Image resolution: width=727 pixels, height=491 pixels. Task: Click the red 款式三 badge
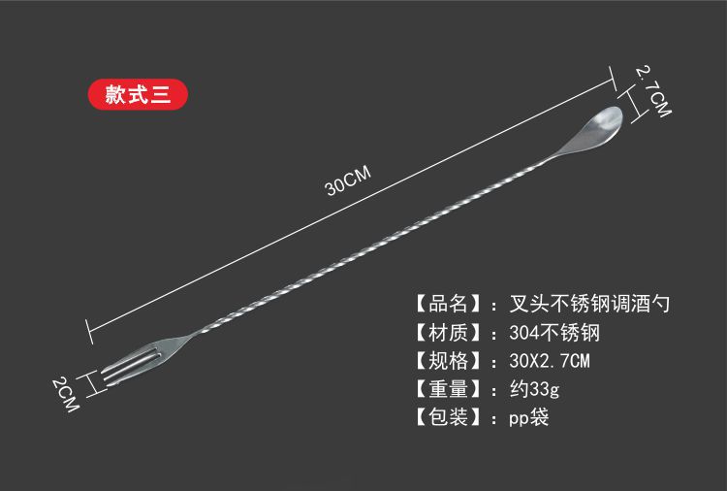(x=137, y=94)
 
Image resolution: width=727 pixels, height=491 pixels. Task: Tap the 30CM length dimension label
(x=349, y=180)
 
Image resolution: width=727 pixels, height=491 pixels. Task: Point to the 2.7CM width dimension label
(x=652, y=91)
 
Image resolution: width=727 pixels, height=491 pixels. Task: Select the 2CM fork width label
(x=65, y=393)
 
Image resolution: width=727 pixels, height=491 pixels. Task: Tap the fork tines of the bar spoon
(x=120, y=367)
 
